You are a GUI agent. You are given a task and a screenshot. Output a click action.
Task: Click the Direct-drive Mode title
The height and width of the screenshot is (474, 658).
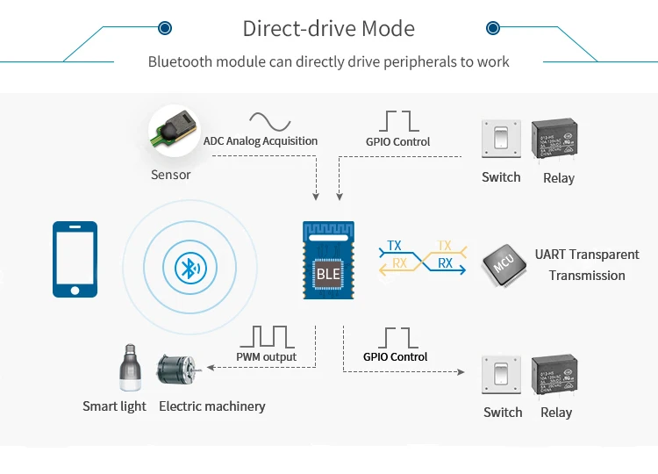(x=328, y=29)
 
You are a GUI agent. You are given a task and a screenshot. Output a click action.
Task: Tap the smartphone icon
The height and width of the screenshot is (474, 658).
(x=75, y=259)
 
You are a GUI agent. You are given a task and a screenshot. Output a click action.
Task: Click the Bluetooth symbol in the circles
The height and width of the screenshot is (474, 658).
(x=187, y=267)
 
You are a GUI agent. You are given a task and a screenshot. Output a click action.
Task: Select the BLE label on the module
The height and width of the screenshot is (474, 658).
(x=328, y=274)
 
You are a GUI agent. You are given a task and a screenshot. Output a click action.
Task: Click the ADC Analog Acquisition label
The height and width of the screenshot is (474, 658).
(x=261, y=140)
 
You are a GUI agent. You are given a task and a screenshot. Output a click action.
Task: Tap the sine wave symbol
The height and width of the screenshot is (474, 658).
(x=269, y=120)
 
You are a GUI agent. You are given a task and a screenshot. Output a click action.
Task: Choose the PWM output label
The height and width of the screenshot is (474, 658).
(x=267, y=357)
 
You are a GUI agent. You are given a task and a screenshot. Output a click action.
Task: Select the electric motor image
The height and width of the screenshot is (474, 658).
(x=181, y=374)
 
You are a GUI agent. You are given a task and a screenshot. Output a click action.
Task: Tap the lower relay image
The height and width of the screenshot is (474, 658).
(x=556, y=377)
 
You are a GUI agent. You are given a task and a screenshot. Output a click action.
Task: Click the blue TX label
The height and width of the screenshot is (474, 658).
(x=395, y=246)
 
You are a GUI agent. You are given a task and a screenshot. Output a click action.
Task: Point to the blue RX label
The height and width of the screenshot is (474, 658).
(x=446, y=262)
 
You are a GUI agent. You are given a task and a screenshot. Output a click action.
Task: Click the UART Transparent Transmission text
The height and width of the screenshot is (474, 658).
(x=587, y=265)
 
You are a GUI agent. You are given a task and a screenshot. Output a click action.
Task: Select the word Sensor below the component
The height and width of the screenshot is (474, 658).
(x=170, y=175)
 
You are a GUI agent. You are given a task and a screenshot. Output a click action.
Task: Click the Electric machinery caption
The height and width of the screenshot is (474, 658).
(x=211, y=406)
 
